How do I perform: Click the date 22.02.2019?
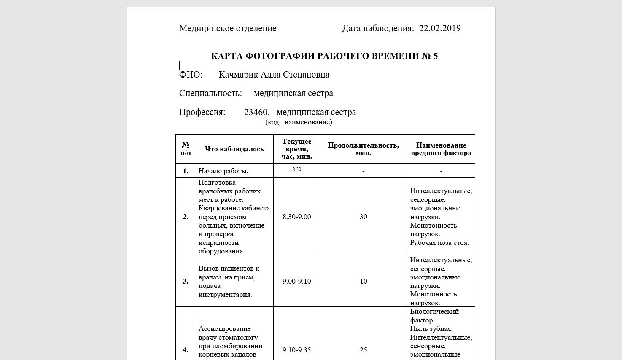(439, 28)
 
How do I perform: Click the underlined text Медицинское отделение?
(228, 28)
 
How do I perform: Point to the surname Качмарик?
(238, 75)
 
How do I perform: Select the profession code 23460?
(256, 112)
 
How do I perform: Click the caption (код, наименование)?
(299, 122)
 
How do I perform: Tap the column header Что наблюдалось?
(234, 149)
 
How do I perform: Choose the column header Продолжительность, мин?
(363, 149)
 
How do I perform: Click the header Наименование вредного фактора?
(441, 149)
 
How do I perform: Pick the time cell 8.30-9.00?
(296, 217)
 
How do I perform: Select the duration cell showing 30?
(363, 217)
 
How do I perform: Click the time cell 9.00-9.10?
(296, 281)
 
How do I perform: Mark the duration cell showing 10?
(363, 281)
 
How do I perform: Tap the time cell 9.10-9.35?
(296, 350)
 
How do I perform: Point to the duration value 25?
(363, 350)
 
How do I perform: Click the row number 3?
(186, 281)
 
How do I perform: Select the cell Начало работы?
(223, 171)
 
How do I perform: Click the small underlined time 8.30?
(296, 169)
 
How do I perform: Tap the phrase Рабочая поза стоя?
(439, 242)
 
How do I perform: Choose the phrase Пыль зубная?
(431, 329)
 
